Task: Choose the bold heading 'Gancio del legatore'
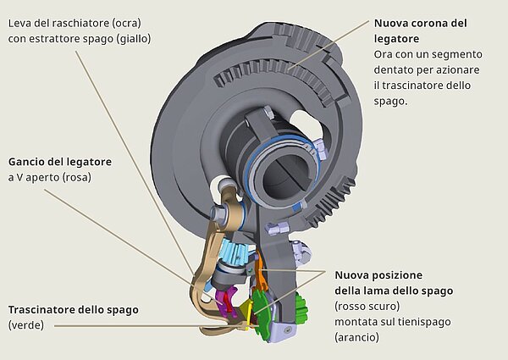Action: [59, 162]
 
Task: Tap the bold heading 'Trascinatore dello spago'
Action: [73, 309]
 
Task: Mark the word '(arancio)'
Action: [357, 336]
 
